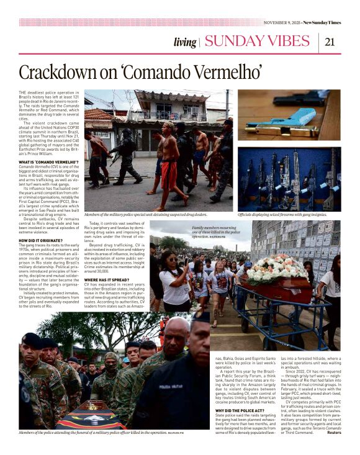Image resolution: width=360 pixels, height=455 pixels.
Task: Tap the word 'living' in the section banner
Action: (x=184, y=42)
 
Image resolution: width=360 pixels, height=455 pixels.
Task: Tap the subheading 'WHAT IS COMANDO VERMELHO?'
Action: (x=47, y=162)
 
